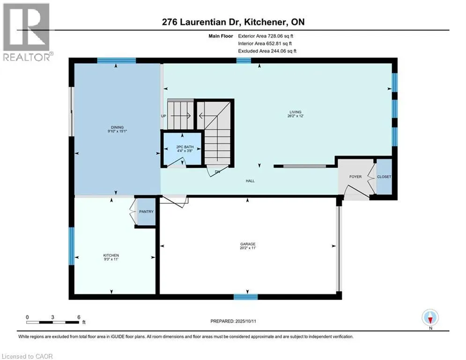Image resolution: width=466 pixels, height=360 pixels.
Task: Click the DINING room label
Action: click(x=117, y=127)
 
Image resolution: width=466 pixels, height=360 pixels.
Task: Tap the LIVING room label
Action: click(x=296, y=112)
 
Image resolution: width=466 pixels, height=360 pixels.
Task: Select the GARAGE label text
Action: click(x=248, y=244)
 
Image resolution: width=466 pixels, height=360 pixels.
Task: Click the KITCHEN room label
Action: click(x=111, y=255)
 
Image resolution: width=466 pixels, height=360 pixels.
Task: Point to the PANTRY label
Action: click(x=146, y=211)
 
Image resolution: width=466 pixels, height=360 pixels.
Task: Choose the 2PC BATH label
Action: click(x=185, y=147)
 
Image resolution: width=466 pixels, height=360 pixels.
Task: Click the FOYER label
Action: click(x=355, y=177)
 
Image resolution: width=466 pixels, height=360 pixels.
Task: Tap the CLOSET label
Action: click(x=384, y=177)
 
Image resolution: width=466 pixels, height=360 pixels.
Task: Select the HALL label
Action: click(x=250, y=181)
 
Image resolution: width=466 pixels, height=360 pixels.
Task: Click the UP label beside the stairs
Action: click(x=163, y=116)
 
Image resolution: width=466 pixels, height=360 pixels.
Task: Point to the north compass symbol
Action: click(x=430, y=318)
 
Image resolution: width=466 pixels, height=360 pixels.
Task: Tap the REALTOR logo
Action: click(x=27, y=32)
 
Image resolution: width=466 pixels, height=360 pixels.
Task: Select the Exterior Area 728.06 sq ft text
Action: click(x=266, y=36)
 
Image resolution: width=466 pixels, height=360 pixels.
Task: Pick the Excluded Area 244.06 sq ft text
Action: click(x=267, y=51)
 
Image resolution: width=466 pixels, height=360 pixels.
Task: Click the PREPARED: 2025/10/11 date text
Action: click(x=233, y=321)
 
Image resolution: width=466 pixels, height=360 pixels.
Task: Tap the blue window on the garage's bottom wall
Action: click(x=245, y=297)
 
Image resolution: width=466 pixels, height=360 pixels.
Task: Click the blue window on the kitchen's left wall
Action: click(x=72, y=246)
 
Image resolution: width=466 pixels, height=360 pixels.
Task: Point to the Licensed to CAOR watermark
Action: click(x=27, y=356)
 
